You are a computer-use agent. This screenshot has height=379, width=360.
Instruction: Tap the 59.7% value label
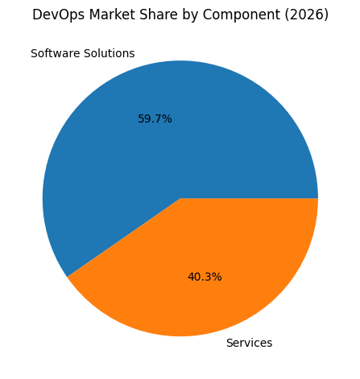pos(155,119)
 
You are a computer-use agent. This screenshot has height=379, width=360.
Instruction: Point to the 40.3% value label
pos(205,277)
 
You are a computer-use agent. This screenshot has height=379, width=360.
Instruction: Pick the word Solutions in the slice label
pos(109,54)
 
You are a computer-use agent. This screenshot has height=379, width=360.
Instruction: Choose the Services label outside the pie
pos(249,343)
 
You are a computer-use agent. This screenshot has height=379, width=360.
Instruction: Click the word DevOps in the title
pos(54,15)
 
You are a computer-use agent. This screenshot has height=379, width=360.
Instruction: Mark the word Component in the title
pos(223,15)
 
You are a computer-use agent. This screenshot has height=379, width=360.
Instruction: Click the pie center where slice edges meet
pos(180,198)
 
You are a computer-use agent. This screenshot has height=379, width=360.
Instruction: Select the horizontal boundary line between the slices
pos(250,198)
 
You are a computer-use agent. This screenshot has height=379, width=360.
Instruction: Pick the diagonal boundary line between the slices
pos(124,238)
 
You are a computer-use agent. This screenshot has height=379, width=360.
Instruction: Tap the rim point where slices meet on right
pos(318,198)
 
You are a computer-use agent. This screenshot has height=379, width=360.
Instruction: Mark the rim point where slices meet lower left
pos(68,277)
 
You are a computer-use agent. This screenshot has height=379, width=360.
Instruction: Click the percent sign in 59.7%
pos(167,119)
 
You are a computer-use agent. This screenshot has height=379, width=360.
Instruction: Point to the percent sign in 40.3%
pos(217,277)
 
